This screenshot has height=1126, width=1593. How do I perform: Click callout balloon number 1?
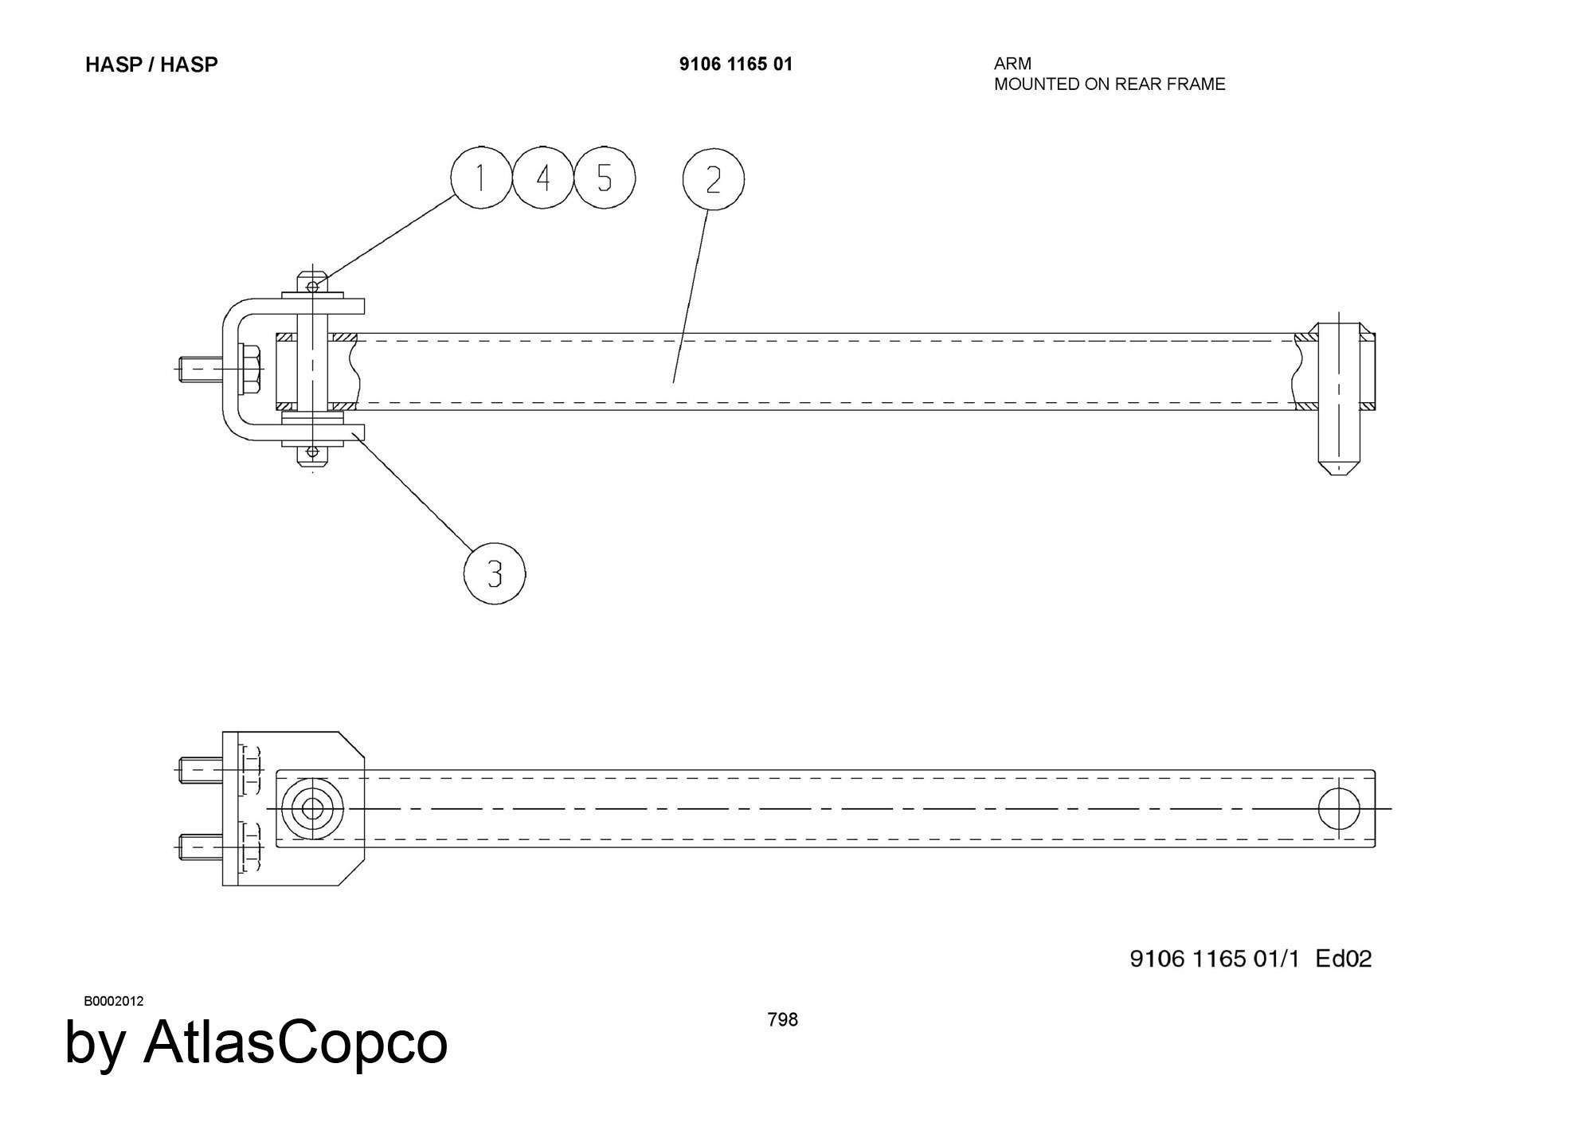click(x=481, y=178)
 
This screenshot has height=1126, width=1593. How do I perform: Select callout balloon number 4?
click(x=543, y=178)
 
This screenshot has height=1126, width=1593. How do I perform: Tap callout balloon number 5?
click(x=605, y=178)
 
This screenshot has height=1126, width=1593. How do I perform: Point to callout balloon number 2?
click(x=713, y=179)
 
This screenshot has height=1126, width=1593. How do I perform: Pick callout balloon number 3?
click(x=495, y=573)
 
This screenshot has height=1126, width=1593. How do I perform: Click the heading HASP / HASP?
click(x=151, y=65)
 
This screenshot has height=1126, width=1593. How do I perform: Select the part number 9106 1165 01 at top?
click(x=736, y=65)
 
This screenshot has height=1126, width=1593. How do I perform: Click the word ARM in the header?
click(x=1012, y=64)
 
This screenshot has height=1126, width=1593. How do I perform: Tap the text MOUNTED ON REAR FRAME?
click(x=1110, y=84)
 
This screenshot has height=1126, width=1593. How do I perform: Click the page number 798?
click(x=782, y=1020)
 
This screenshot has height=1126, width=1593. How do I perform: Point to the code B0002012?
click(x=114, y=1001)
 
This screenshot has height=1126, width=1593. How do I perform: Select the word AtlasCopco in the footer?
click(x=295, y=1042)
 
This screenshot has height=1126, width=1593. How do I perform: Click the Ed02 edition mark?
click(x=1344, y=959)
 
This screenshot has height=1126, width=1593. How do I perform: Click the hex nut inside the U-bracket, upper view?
click(x=250, y=369)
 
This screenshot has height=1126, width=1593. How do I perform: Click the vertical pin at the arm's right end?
click(x=1340, y=398)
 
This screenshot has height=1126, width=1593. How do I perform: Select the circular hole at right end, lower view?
click(x=1339, y=809)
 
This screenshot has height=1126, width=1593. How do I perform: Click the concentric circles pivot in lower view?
click(x=313, y=809)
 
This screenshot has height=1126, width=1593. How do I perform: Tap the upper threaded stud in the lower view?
click(x=200, y=770)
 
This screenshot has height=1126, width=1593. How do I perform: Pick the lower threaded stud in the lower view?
click(x=200, y=847)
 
